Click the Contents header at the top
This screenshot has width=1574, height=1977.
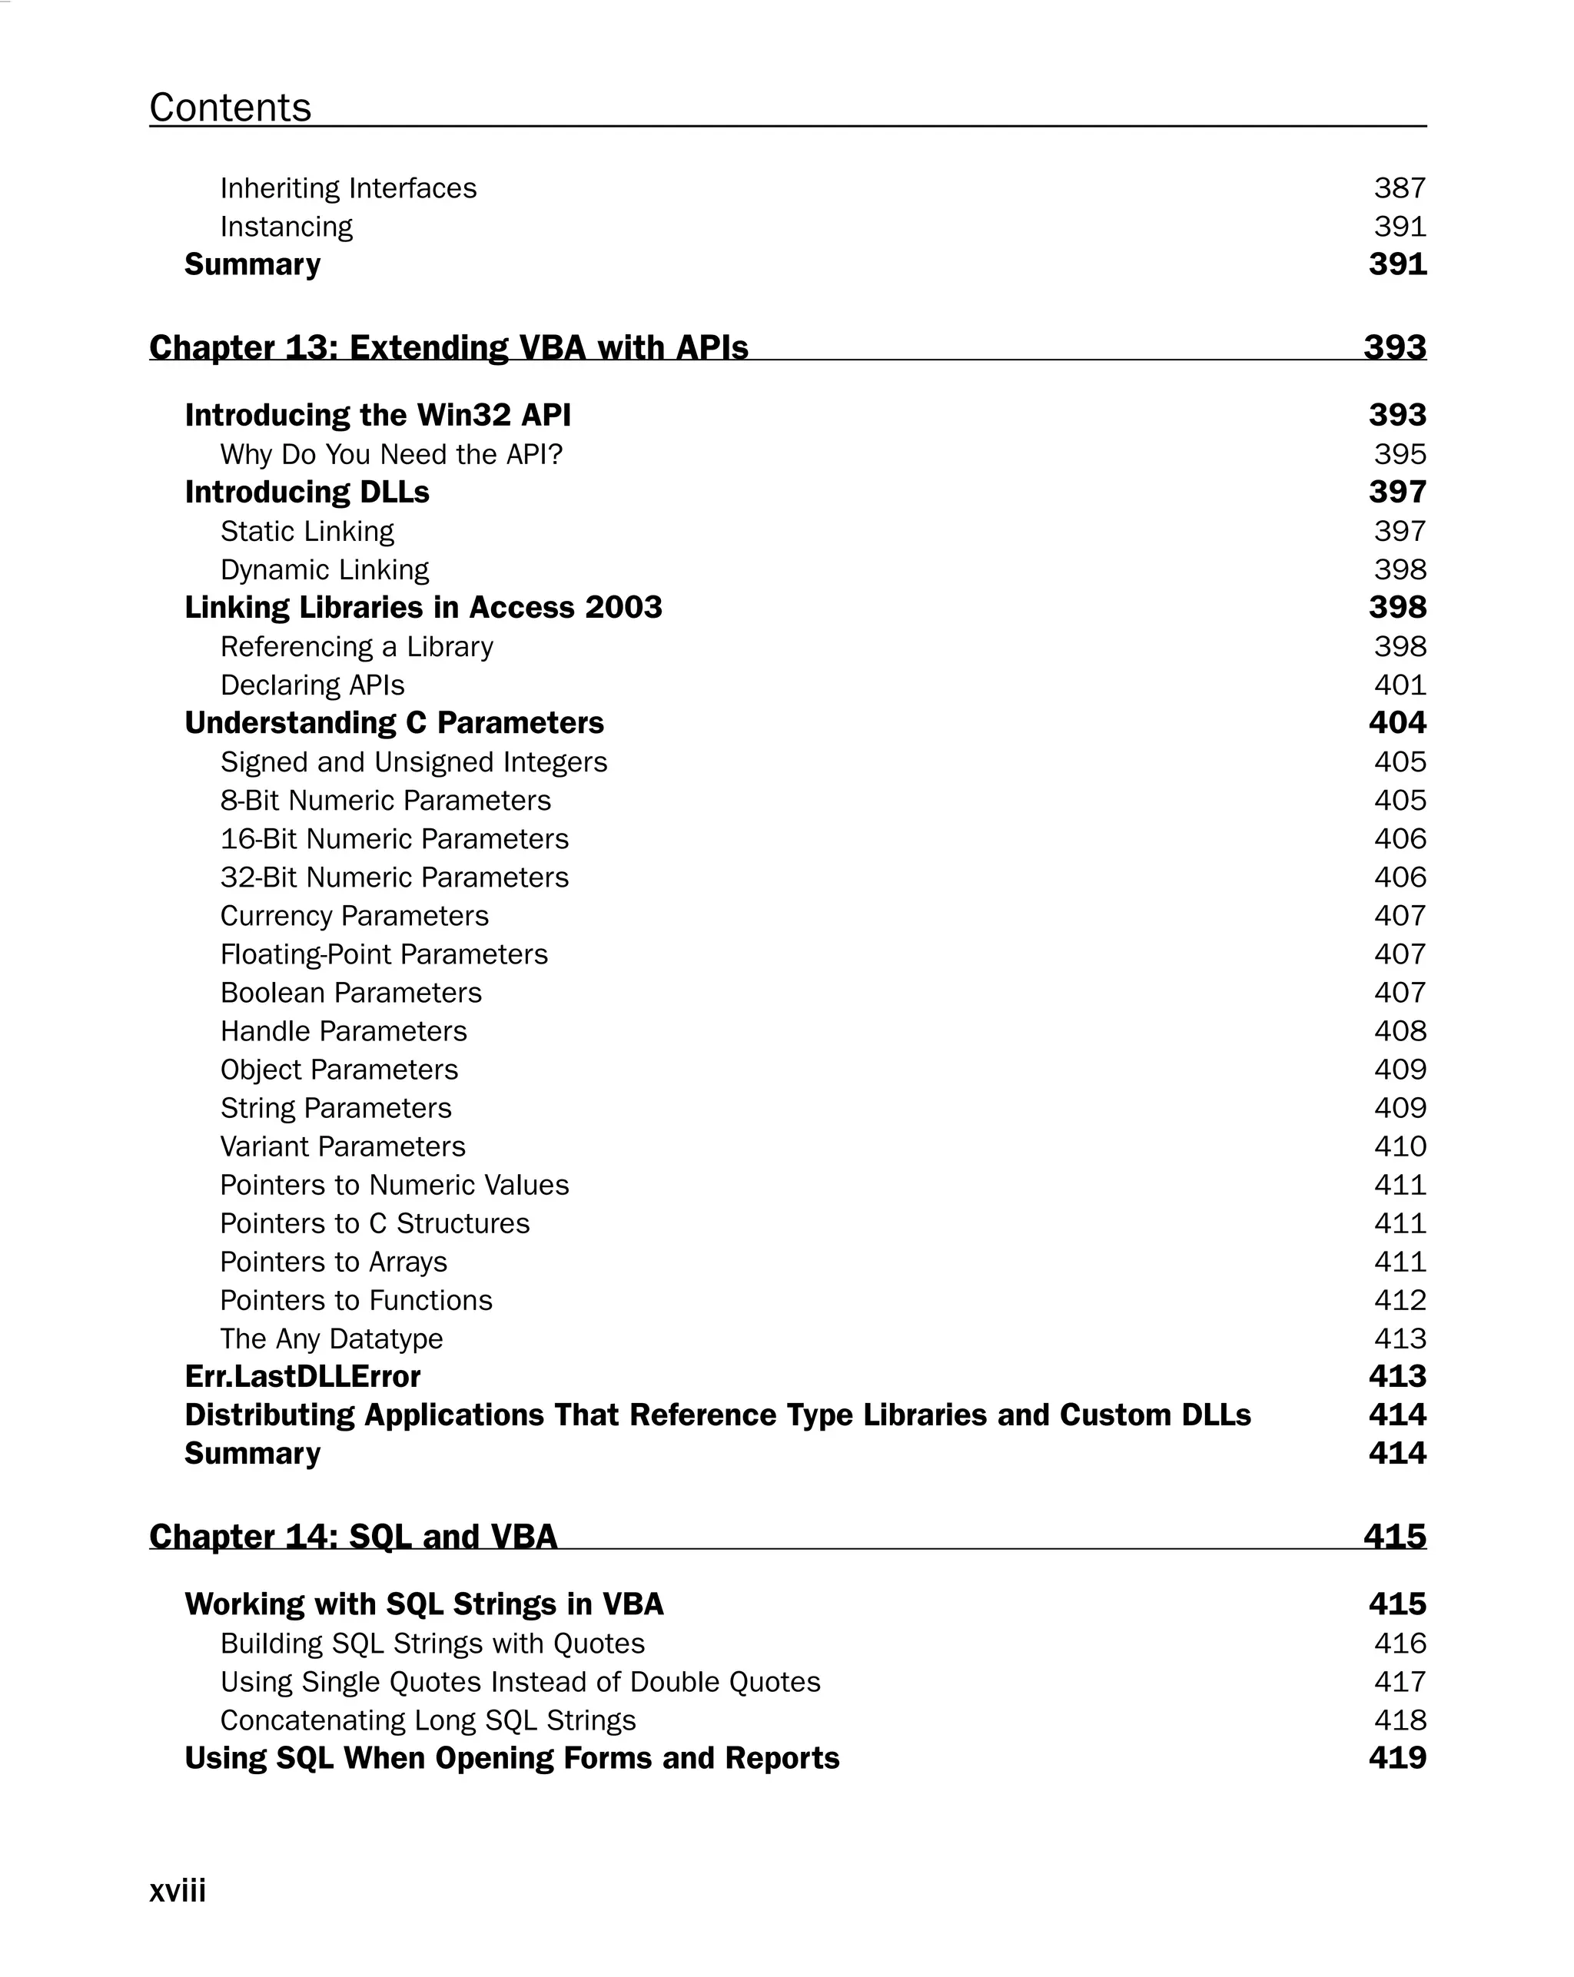coord(231,108)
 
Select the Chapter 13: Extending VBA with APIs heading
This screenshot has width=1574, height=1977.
coord(449,347)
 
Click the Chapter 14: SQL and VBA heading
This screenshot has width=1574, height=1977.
coord(353,1536)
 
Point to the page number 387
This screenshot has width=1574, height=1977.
coord(1399,188)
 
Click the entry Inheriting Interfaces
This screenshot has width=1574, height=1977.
coord(349,188)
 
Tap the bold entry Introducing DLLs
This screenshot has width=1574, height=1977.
coord(307,493)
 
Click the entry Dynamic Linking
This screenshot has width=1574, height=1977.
coord(324,569)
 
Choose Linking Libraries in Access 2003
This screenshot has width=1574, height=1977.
coord(423,607)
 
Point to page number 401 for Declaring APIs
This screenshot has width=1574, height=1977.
coord(1399,685)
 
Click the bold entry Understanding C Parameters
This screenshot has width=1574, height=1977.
coord(394,722)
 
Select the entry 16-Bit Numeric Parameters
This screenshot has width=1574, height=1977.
coord(394,839)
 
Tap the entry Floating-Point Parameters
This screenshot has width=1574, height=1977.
coord(384,954)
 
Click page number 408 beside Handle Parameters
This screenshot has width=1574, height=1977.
coord(1399,1030)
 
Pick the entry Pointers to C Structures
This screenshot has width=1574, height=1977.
coord(374,1223)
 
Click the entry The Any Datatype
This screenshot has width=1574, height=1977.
coord(331,1338)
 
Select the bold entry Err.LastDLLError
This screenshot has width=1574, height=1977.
coord(303,1376)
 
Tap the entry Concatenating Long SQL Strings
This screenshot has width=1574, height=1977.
coord(427,1720)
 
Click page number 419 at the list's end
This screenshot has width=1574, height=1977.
coord(1397,1758)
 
